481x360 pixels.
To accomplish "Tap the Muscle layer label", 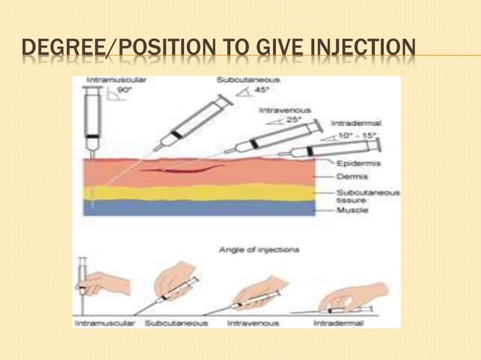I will (352, 211).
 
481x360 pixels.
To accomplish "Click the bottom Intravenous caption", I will (253, 322).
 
